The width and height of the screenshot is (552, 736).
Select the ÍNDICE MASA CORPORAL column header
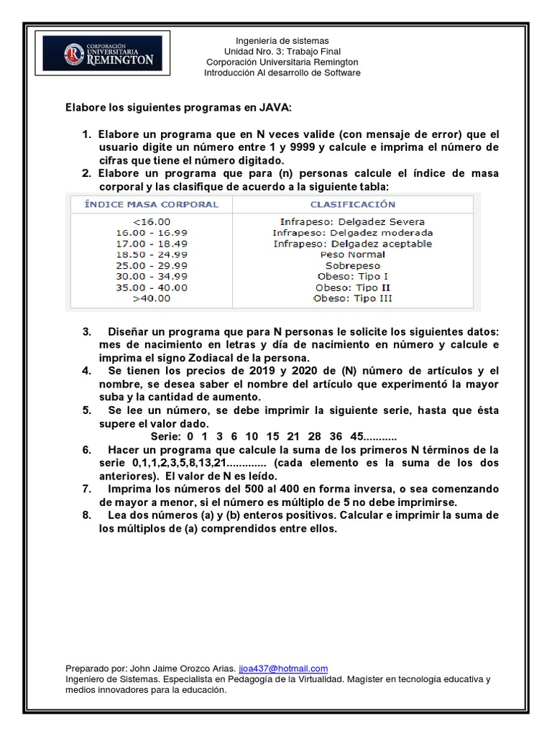click(152, 205)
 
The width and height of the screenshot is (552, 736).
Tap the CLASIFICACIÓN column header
click(352, 205)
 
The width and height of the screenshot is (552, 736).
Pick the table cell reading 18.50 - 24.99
click(152, 254)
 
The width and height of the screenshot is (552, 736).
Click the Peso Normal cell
click(352, 254)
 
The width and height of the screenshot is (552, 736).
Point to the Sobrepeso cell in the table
click(352, 265)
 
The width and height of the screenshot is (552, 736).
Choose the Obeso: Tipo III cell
click(352, 298)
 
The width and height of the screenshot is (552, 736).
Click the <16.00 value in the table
click(152, 222)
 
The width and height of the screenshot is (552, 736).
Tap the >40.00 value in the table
click(152, 298)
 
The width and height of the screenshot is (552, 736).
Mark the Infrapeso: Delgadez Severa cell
click(352, 222)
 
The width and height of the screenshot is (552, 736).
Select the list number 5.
click(86, 410)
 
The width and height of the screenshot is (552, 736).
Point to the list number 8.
click(86, 515)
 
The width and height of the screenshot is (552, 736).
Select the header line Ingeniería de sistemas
click(282, 41)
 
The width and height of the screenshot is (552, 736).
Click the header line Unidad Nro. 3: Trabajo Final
click(282, 52)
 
